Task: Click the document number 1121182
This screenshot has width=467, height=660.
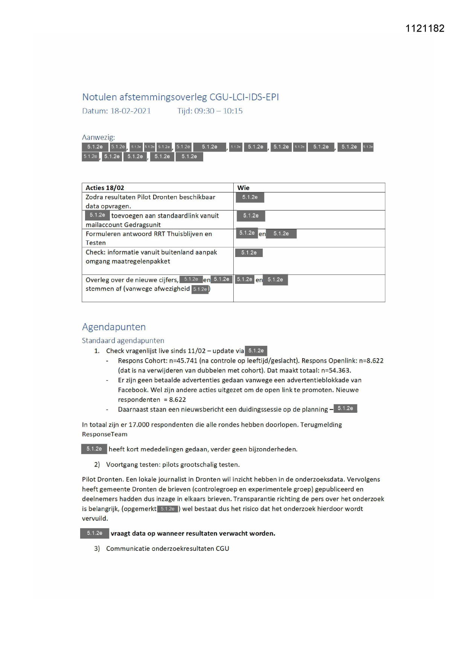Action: click(x=424, y=29)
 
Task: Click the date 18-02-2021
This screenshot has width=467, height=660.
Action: click(x=130, y=111)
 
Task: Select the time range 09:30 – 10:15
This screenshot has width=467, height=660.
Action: click(x=218, y=111)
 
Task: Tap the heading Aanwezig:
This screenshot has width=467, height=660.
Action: click(x=98, y=137)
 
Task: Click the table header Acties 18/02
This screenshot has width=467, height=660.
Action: click(x=105, y=188)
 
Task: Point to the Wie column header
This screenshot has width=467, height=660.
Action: click(x=243, y=188)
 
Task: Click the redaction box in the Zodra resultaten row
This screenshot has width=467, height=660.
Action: click(x=250, y=197)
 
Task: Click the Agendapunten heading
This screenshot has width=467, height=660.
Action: click(x=114, y=327)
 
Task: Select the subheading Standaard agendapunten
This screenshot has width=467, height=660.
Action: click(x=123, y=341)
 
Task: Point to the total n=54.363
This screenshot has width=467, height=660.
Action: click(x=336, y=370)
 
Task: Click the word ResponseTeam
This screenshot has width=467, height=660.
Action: click(x=105, y=434)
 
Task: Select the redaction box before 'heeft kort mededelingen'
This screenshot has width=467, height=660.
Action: click(x=94, y=449)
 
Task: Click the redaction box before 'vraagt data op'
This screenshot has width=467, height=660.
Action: click(x=94, y=533)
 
